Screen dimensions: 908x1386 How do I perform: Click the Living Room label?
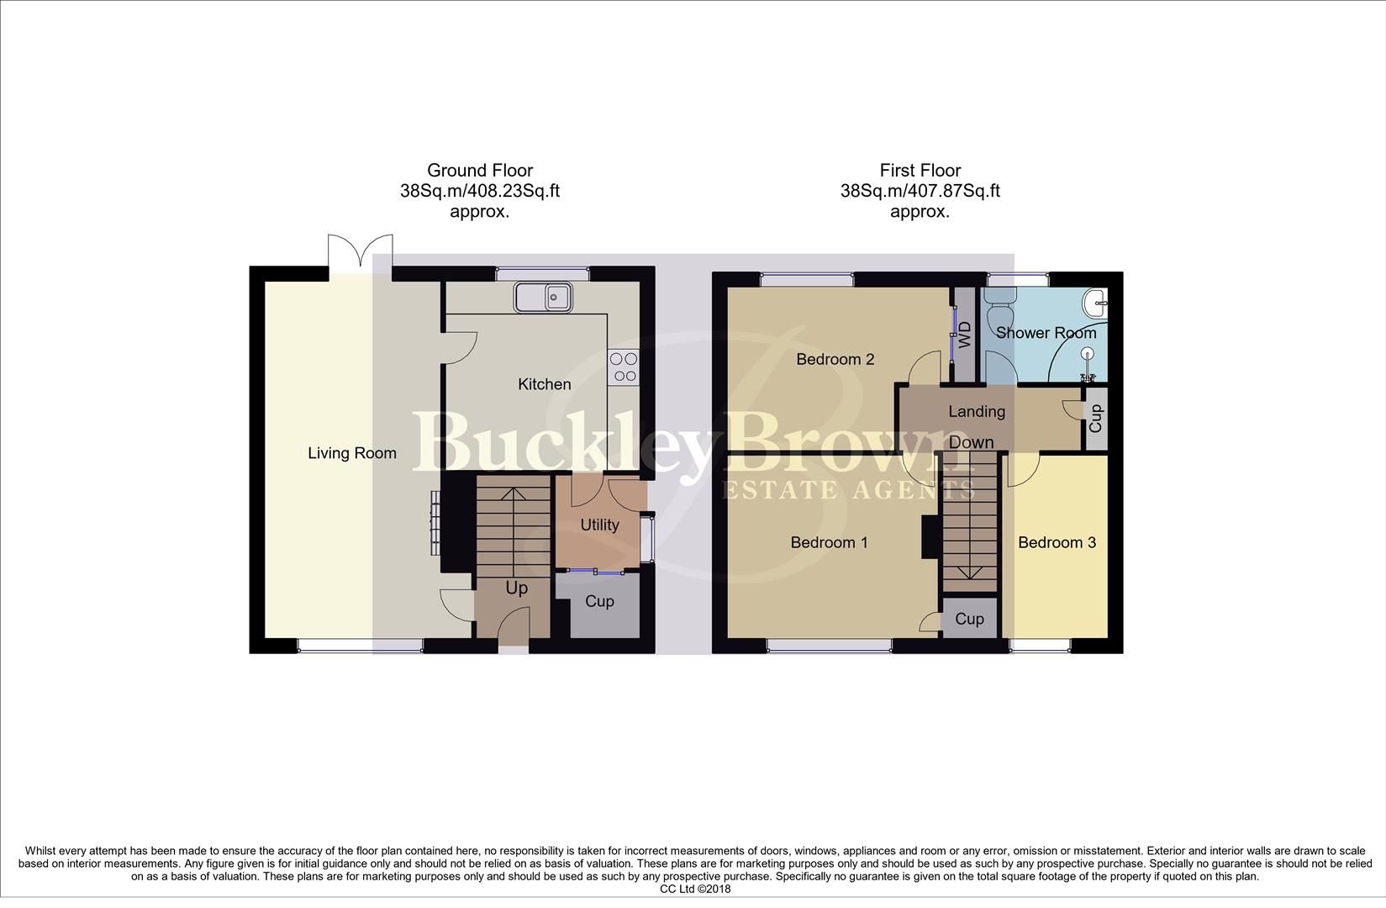[x=351, y=453]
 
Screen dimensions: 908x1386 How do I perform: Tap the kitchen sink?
[x=544, y=297]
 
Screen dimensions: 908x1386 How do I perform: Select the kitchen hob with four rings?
[x=624, y=367]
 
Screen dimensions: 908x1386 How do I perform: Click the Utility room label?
[x=599, y=525]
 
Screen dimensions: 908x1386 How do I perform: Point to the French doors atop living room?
[x=360, y=251]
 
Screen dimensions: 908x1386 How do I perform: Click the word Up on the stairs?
[x=516, y=588]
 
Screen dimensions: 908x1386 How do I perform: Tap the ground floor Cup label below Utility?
[x=599, y=601]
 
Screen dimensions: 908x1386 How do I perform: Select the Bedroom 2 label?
[x=835, y=359]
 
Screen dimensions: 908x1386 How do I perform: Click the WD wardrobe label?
[x=965, y=334]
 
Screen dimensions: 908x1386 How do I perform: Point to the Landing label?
[x=976, y=411]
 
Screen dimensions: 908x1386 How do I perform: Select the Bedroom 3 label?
[x=1057, y=542]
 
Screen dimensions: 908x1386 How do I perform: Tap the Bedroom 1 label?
[x=829, y=542]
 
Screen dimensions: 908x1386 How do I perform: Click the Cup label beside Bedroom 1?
[x=969, y=619]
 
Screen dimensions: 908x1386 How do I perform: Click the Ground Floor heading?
[x=479, y=171]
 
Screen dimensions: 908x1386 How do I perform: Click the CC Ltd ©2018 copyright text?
[x=695, y=889]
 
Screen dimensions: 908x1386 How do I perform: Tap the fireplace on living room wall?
[x=435, y=522]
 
